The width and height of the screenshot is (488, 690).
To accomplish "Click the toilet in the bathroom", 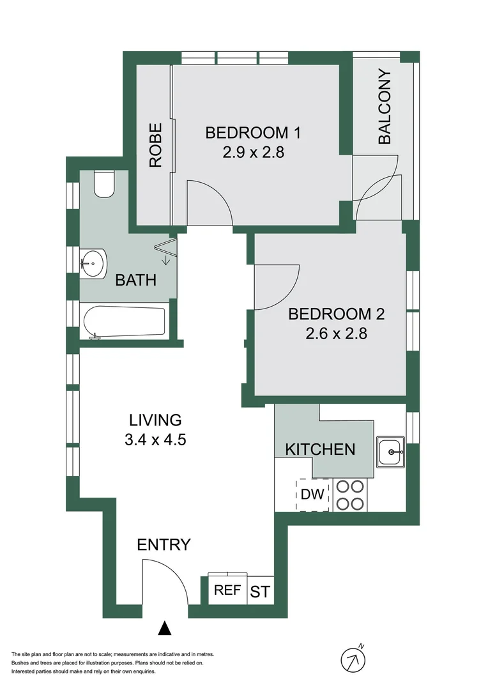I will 103,184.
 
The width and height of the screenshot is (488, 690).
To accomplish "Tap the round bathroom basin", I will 93,261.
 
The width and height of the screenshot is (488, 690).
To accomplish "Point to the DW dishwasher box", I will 312,494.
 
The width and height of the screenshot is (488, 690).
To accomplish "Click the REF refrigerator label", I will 226,590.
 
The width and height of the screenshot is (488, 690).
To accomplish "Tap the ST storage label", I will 259,592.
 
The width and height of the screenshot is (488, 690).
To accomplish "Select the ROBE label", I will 155,146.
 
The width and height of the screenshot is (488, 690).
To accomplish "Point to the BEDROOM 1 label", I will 253,133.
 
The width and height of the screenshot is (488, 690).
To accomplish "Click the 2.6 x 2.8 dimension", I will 337,333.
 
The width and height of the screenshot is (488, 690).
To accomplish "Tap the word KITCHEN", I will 319,449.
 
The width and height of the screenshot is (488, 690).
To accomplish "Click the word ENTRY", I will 164,545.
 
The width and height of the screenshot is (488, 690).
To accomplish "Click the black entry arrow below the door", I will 165,629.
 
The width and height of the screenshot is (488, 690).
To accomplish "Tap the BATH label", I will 135,280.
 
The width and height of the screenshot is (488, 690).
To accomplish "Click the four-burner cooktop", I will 349,494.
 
